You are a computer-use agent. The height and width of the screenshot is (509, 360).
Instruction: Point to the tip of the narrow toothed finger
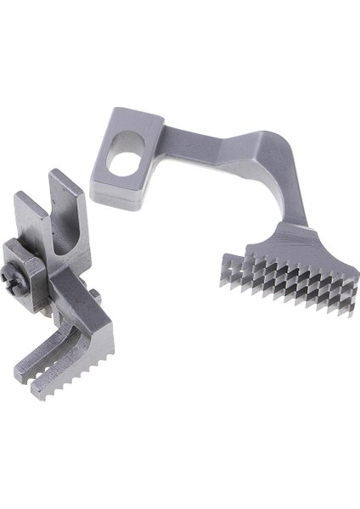point(20,371)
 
